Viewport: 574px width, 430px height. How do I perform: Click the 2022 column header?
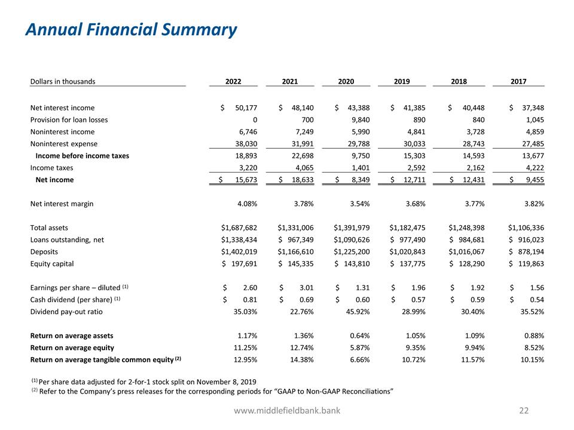tap(233, 81)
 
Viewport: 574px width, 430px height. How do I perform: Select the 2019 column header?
tap(402, 81)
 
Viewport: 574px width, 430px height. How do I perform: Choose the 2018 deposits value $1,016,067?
tap(466, 251)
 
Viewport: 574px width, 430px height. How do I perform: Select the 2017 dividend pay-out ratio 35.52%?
tap(529, 311)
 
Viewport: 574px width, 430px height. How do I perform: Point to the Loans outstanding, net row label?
tap(67, 239)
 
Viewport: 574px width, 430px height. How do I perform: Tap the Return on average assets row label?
tap(71, 335)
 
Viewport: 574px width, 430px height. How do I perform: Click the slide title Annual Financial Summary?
tap(131, 29)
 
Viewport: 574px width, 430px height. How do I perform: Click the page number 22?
tap(524, 411)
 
